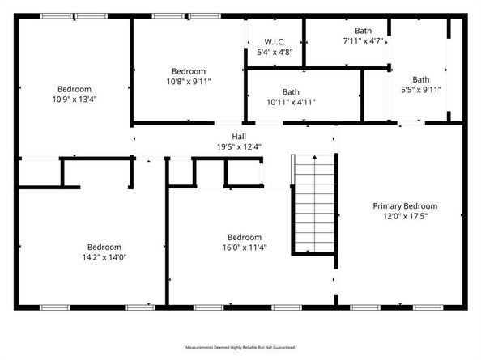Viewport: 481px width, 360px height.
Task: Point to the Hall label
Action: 239,137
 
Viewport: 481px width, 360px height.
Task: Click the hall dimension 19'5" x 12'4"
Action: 239,147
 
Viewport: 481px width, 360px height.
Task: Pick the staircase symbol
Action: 313,205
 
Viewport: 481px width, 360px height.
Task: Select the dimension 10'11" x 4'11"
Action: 291,102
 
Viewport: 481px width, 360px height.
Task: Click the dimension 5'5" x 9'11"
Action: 421,90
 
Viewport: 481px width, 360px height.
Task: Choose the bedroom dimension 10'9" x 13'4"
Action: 74,100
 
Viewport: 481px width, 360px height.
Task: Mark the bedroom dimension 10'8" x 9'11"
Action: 188,81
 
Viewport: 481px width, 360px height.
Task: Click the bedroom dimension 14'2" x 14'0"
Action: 104,257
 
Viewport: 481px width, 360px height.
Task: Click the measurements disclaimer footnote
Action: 240,347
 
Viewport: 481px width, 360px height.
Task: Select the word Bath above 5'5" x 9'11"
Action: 421,79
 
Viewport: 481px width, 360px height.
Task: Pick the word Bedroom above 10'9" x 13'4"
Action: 74,89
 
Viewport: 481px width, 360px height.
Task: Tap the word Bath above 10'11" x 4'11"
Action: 291,91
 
